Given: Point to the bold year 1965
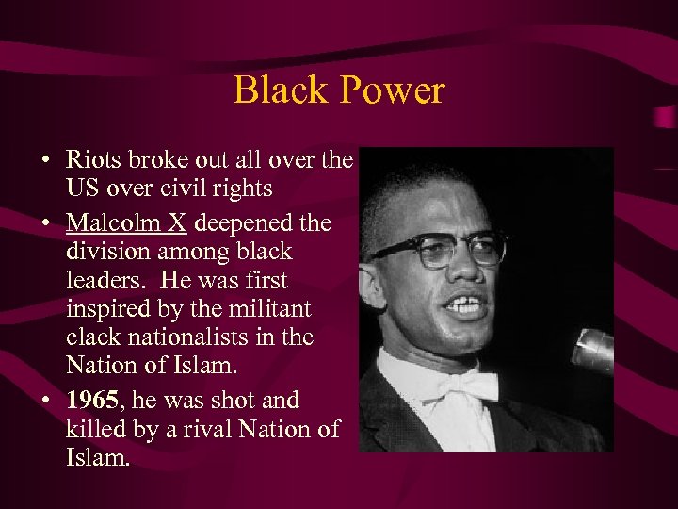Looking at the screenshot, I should (91, 400).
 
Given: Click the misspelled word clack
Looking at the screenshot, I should (92, 337).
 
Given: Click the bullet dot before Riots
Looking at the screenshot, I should (45, 160).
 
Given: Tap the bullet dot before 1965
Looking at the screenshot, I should (45, 401).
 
